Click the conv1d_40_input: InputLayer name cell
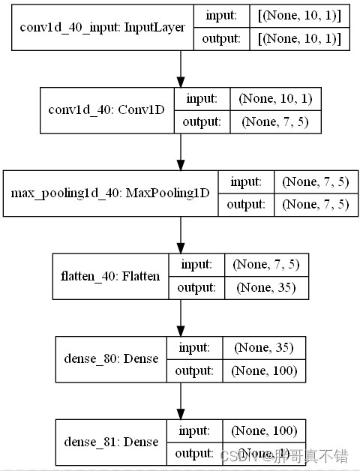point(103,28)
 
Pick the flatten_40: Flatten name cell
point(110,275)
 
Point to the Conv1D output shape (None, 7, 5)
point(274,121)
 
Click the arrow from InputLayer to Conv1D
point(180,69)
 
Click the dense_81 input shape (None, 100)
point(265,430)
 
